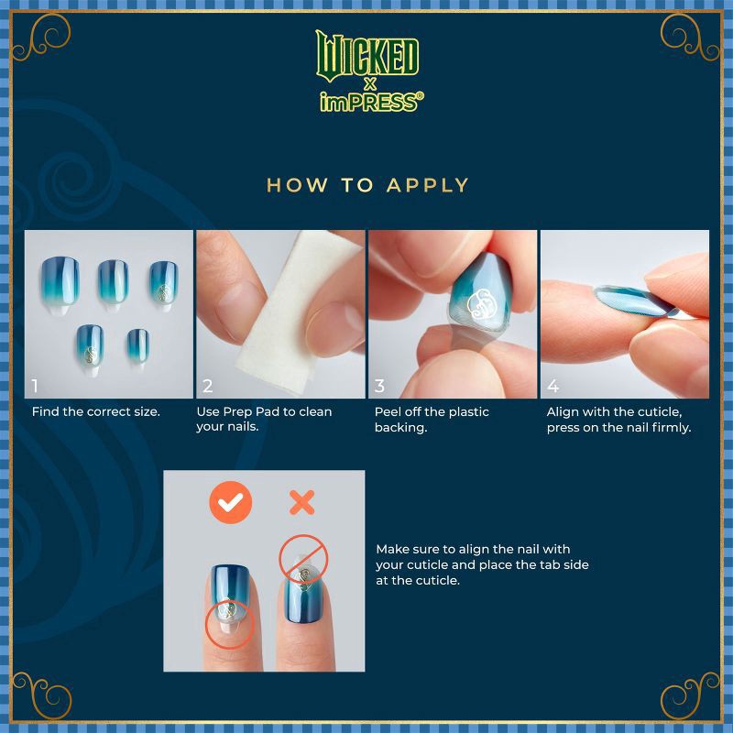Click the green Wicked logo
click(366, 54)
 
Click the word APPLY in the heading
click(428, 185)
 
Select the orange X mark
click(301, 502)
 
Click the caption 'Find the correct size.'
click(96, 412)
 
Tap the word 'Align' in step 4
click(564, 412)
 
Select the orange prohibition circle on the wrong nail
click(303, 560)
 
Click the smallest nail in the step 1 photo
click(138, 343)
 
